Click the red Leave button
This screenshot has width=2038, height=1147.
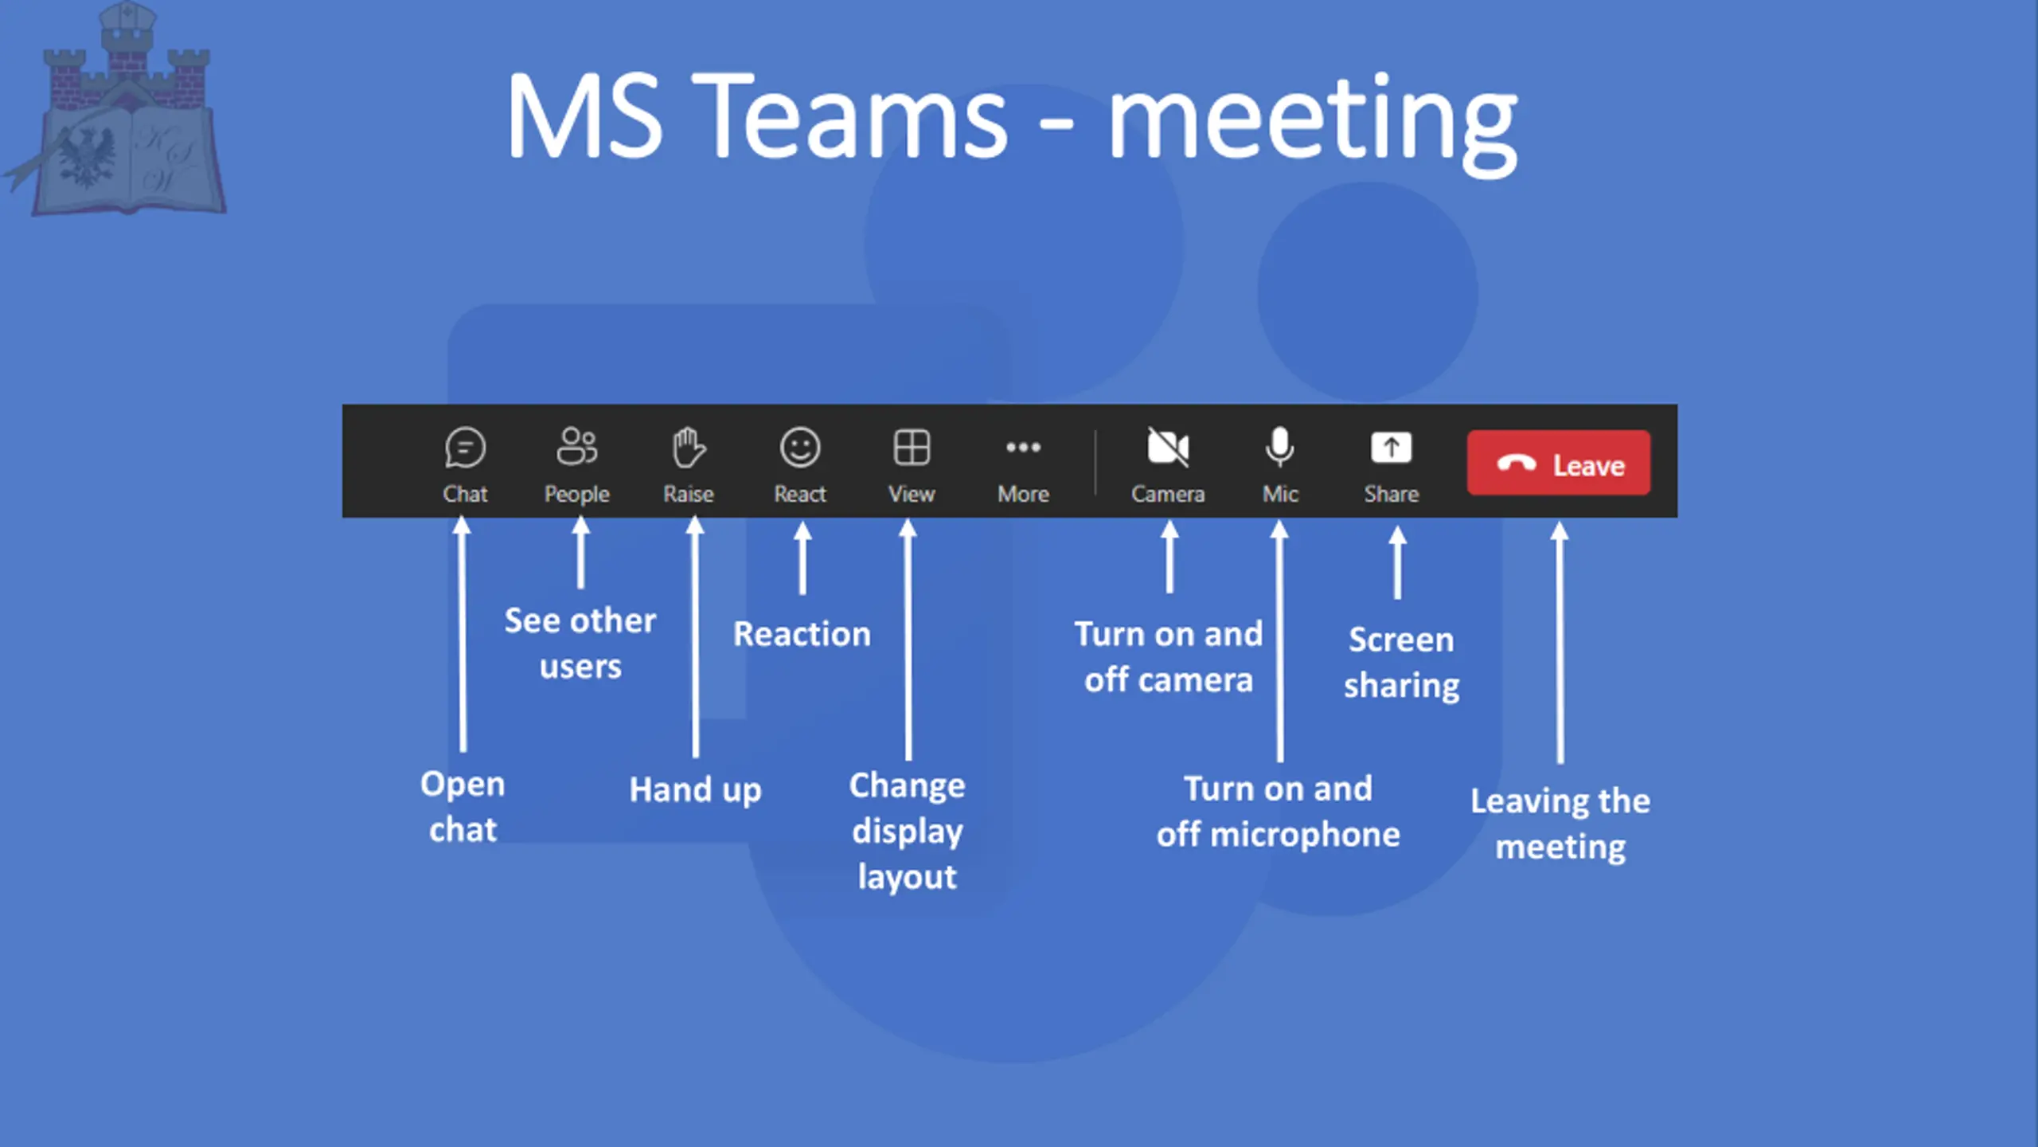click(x=1558, y=464)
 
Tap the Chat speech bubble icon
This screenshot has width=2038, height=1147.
click(x=465, y=447)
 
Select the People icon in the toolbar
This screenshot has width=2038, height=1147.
click(x=576, y=446)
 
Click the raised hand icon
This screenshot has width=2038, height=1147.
click(x=688, y=447)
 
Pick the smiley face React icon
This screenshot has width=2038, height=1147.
click(x=800, y=447)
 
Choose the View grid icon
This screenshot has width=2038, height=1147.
click(x=912, y=447)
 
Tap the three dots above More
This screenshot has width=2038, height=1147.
click(x=1023, y=447)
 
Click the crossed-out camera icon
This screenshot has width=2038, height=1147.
click(x=1168, y=447)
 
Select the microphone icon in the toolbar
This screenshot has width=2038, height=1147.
click(x=1279, y=447)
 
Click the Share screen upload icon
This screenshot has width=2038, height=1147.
click(x=1391, y=447)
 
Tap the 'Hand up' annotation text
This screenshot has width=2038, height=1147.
click(x=695, y=789)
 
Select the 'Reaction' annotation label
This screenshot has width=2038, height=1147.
click(x=802, y=634)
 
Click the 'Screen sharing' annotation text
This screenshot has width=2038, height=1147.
click(x=1401, y=662)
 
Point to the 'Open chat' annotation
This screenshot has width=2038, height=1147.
click(x=463, y=806)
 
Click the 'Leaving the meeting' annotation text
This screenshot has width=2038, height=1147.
click(x=1560, y=823)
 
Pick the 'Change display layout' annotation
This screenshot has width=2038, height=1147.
click(x=907, y=830)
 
